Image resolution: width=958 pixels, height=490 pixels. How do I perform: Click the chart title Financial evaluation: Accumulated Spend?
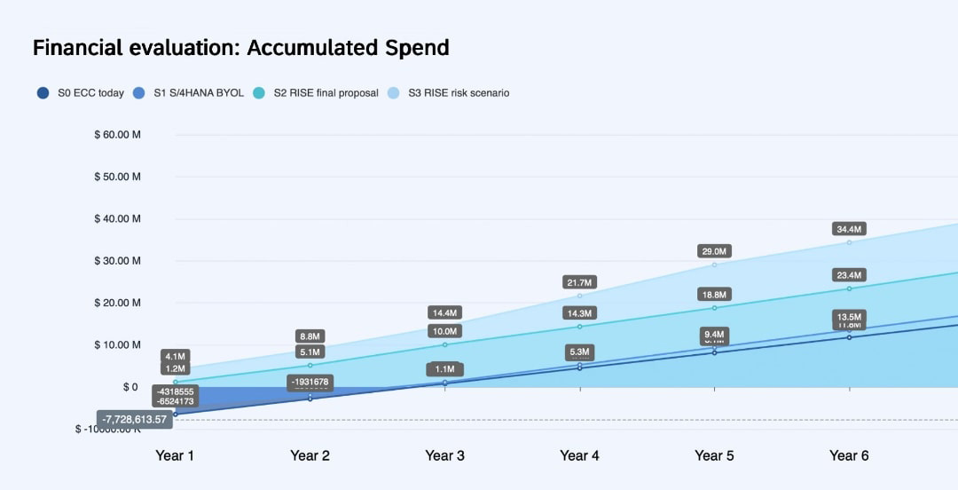click(x=240, y=48)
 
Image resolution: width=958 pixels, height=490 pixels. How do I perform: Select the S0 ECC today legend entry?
click(x=82, y=92)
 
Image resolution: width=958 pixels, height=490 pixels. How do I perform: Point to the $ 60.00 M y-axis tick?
click(x=117, y=135)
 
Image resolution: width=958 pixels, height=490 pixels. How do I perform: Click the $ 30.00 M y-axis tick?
click(x=117, y=261)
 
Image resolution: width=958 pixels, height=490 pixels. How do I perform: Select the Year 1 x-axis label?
click(x=175, y=455)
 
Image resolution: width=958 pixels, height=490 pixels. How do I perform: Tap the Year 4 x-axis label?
click(x=579, y=455)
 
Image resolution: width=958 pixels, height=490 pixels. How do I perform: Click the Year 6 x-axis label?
click(x=849, y=455)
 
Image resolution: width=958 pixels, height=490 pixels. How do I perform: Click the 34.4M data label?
click(x=849, y=229)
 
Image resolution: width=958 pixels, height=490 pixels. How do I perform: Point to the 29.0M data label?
click(x=714, y=251)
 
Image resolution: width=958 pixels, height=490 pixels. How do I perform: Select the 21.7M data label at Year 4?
click(x=579, y=282)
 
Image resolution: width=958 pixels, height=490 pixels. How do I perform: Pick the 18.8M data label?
click(x=714, y=294)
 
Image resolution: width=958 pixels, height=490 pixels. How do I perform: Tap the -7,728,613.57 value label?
click(x=134, y=419)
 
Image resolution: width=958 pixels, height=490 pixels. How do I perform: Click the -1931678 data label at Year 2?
click(x=310, y=382)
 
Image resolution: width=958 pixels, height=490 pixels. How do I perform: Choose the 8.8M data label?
click(x=310, y=336)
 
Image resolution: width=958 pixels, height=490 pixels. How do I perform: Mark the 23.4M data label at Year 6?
click(x=849, y=275)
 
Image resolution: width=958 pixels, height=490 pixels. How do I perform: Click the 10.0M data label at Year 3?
click(x=444, y=331)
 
